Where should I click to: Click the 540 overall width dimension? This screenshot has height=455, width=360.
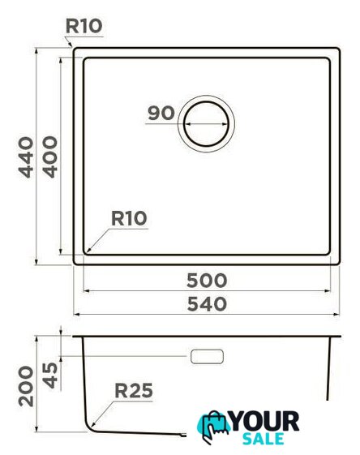[207, 304]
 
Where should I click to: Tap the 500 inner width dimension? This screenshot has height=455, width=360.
[207, 281]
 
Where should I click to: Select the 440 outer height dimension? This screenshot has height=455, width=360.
[26, 157]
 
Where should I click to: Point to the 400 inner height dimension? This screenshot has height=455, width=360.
[50, 157]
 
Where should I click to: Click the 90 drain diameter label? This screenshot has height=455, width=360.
[161, 113]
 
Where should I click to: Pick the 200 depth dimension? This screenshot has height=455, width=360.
[26, 386]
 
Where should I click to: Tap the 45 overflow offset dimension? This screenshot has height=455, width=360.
[50, 376]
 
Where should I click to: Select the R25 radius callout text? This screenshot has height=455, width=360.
[134, 390]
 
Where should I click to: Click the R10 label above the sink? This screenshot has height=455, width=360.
[84, 26]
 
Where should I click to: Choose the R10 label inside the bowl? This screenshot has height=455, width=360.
[129, 218]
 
